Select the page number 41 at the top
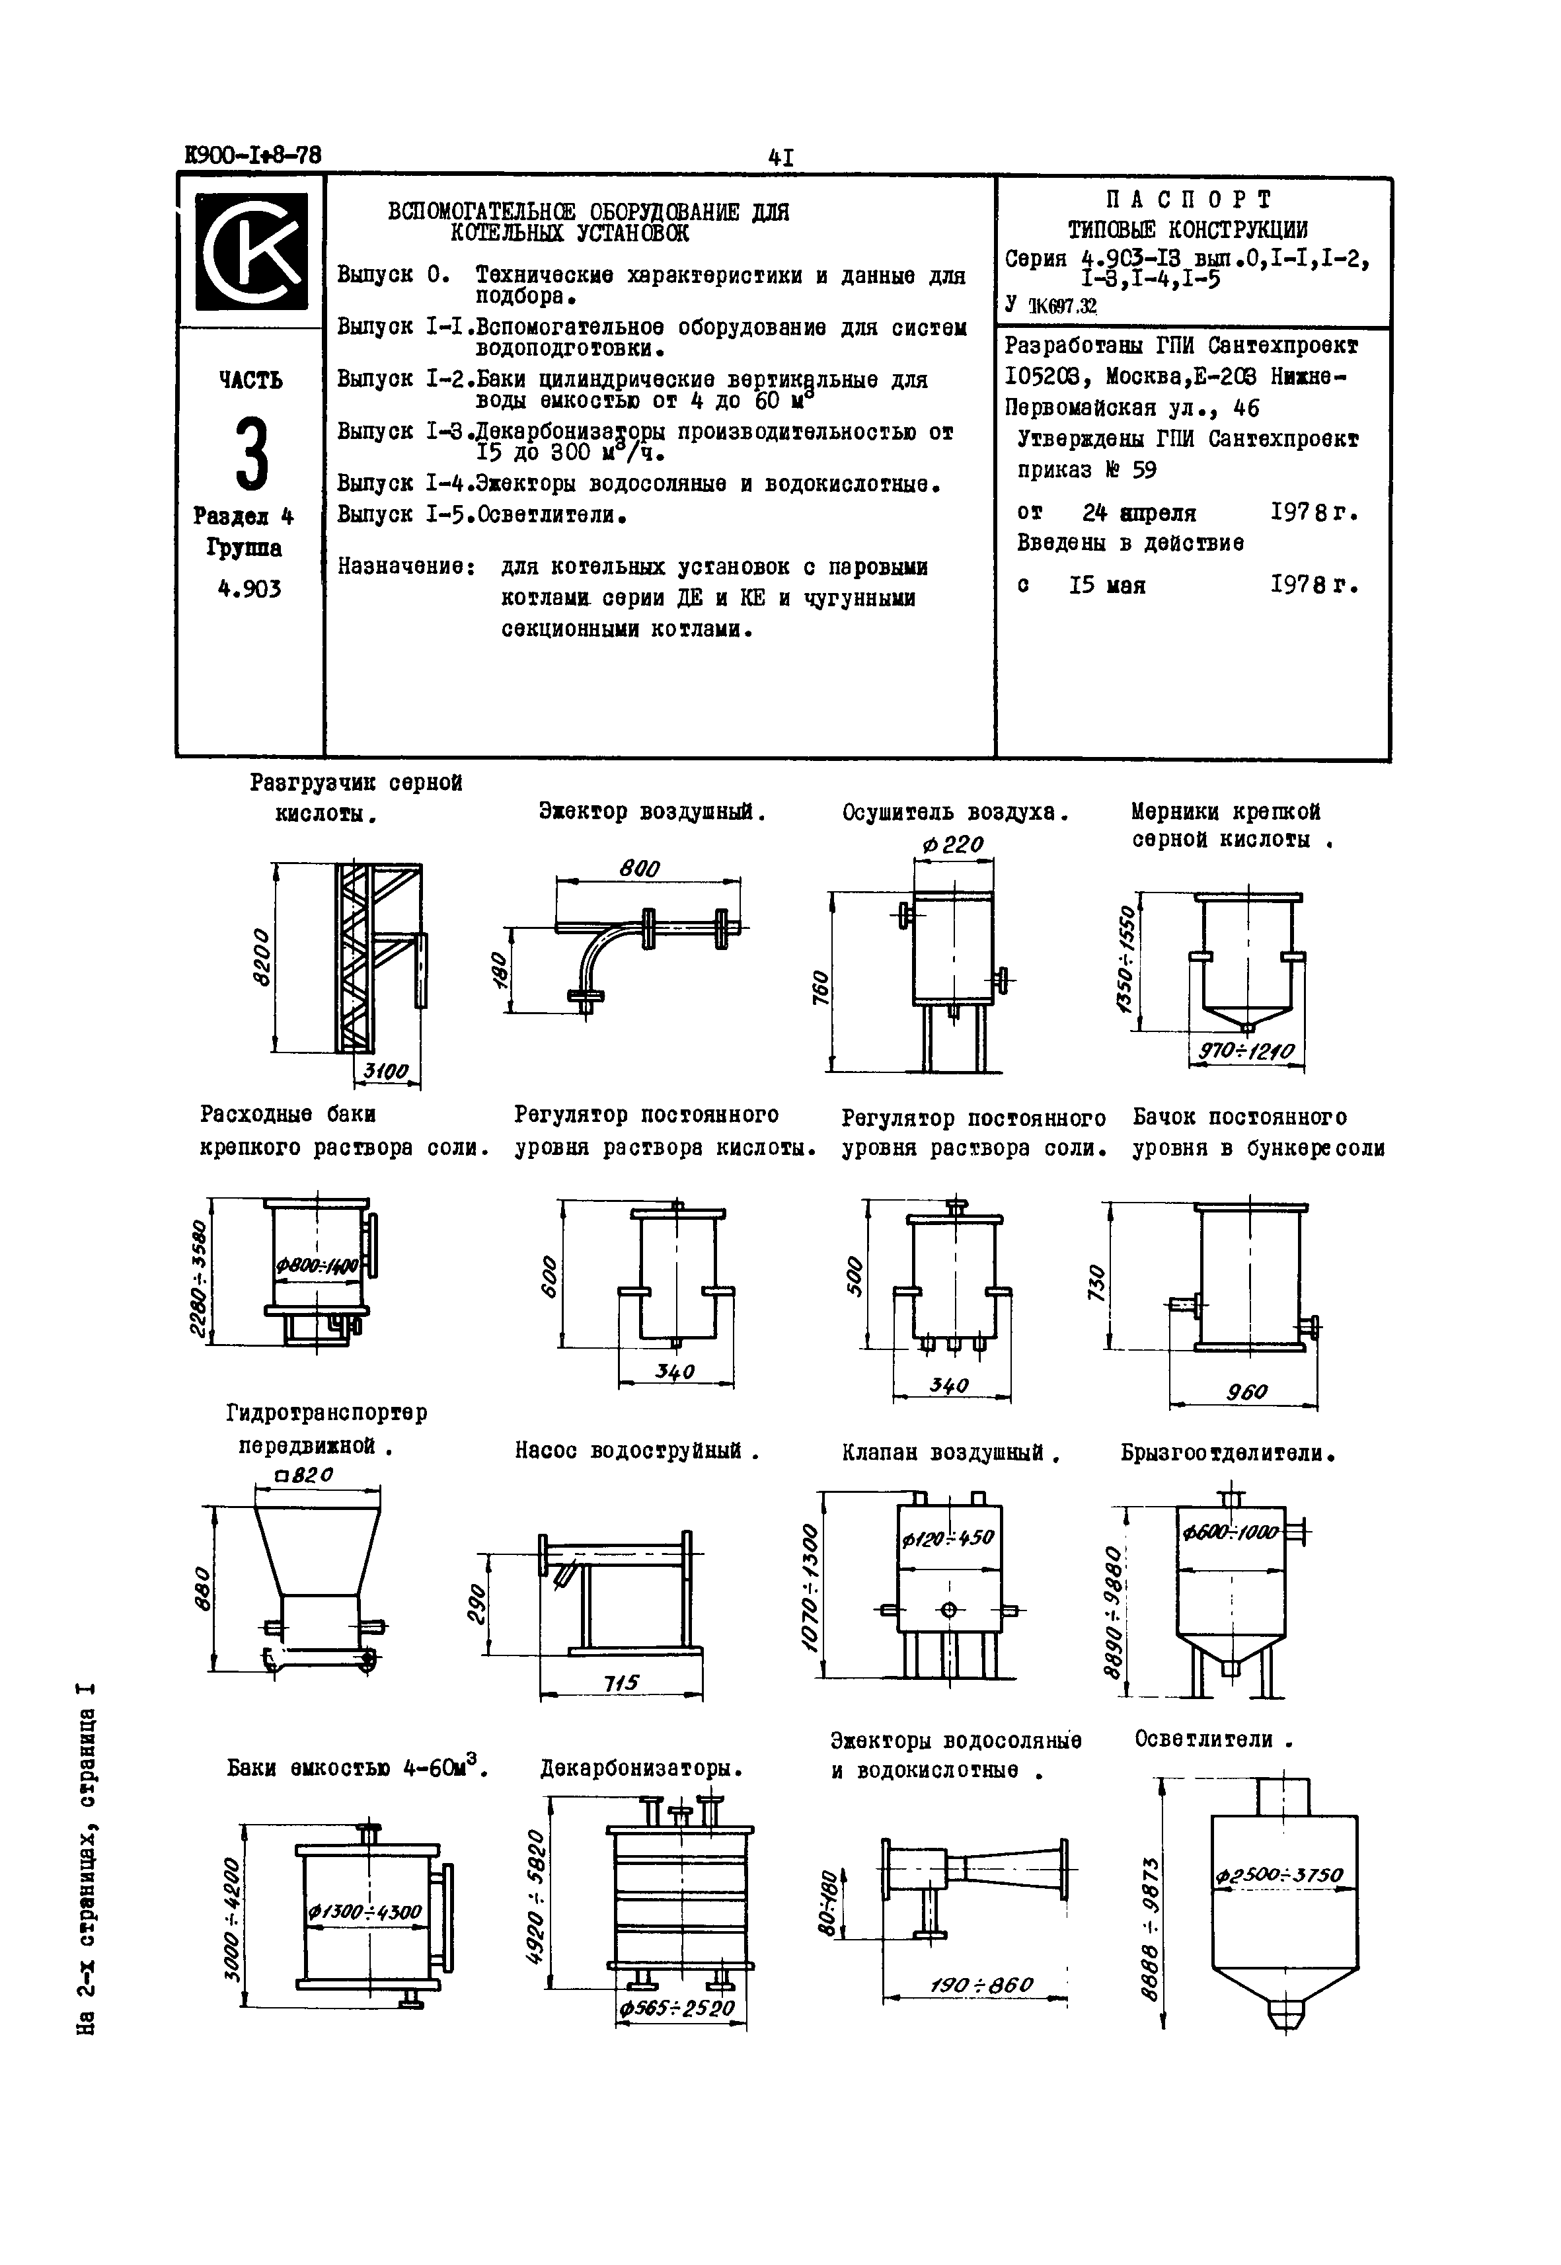tap(780, 157)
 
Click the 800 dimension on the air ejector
tap(640, 869)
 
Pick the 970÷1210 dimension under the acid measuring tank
tap(1246, 1053)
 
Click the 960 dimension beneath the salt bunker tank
tap(1245, 1391)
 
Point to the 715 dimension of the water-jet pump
tap(620, 1682)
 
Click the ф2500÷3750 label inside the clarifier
tap(1279, 1876)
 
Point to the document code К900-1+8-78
tap(252, 155)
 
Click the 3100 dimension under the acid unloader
tap(385, 1072)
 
